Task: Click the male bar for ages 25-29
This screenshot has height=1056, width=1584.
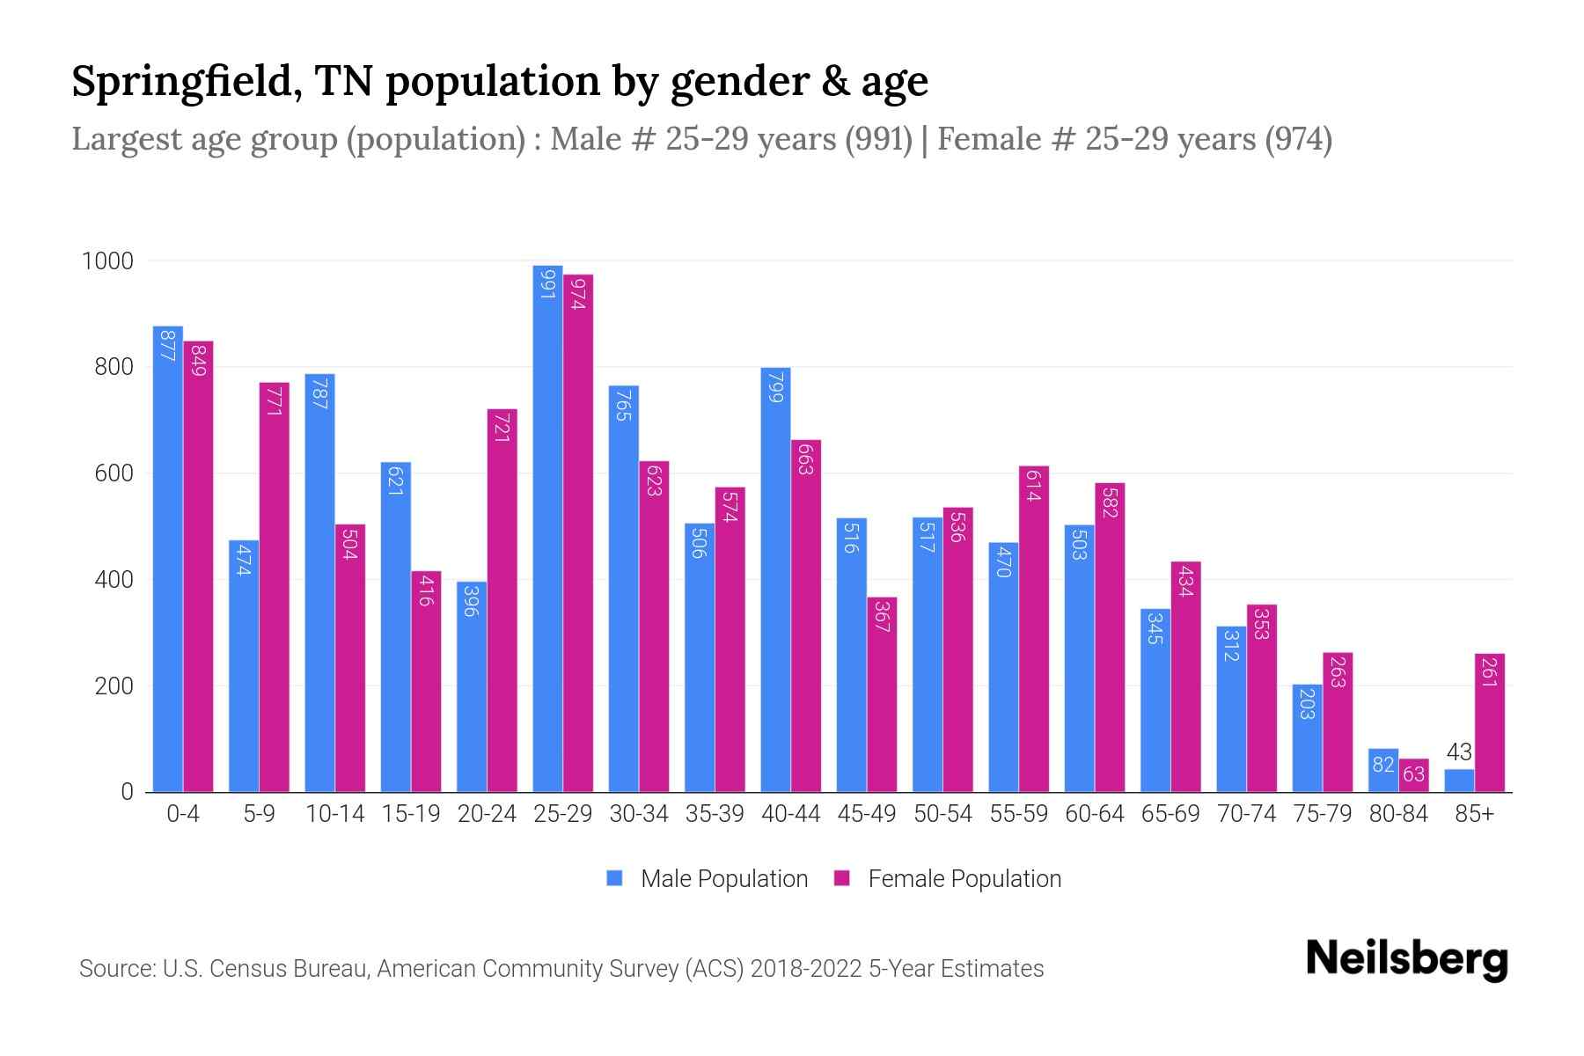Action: pyautogui.click(x=547, y=528)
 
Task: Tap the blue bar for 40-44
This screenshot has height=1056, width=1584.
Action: pyautogui.click(x=775, y=580)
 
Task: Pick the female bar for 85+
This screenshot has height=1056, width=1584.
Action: pyautogui.click(x=1489, y=722)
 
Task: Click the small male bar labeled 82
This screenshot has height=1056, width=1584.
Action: pyautogui.click(x=1383, y=771)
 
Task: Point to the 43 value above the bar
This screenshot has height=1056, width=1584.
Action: pyautogui.click(x=1459, y=752)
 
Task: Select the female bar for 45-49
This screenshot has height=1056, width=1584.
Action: pyautogui.click(x=882, y=694)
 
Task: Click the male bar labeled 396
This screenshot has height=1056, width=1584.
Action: pyautogui.click(x=472, y=686)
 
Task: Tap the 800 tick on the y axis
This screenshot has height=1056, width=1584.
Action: pyautogui.click(x=114, y=368)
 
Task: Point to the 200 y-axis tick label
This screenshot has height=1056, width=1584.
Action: pyautogui.click(x=114, y=686)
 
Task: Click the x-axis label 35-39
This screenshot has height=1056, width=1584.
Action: pyautogui.click(x=715, y=814)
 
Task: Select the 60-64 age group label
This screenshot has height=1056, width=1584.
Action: pyautogui.click(x=1094, y=814)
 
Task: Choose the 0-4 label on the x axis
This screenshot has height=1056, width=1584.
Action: pyautogui.click(x=183, y=814)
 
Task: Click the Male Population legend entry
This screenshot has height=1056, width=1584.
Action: pyautogui.click(x=723, y=879)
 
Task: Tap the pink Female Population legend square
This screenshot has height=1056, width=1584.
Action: pyautogui.click(x=842, y=878)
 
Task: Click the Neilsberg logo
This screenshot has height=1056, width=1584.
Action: pyautogui.click(x=1406, y=959)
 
